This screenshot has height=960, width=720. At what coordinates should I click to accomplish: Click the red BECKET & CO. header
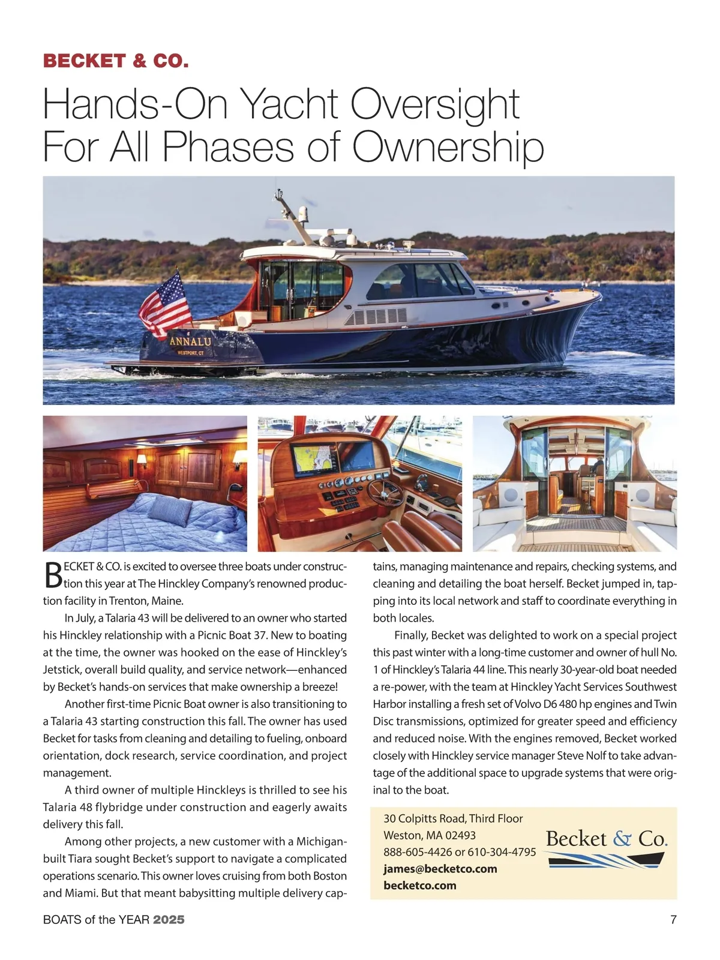(116, 61)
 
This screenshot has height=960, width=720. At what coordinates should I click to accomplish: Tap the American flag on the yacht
(165, 305)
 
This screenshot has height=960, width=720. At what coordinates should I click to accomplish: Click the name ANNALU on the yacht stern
(190, 341)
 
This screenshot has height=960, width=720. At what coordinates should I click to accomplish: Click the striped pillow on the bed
(169, 509)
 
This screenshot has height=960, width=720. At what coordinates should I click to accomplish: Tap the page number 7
(673, 919)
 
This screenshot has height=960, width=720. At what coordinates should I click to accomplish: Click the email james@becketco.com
(440, 869)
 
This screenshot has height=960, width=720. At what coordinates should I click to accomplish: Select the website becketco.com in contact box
(420, 886)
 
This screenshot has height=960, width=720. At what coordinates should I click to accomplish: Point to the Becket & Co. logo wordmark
(606, 838)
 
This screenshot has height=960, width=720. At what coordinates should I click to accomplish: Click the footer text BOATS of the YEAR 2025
(114, 919)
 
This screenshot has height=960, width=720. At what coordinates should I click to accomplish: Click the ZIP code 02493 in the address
(460, 835)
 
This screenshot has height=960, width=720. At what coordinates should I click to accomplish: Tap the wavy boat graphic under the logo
(606, 860)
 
